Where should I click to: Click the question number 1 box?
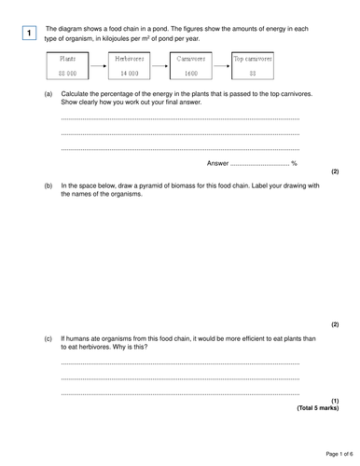(x=29, y=34)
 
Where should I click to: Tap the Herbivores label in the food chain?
(x=129, y=59)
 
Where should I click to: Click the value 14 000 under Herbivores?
(x=129, y=73)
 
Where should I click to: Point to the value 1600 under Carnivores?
(x=190, y=73)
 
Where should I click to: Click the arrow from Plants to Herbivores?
(x=98, y=66)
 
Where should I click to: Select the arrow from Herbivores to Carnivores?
(x=159, y=66)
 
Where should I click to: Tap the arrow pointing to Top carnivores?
(x=221, y=66)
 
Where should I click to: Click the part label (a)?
(x=48, y=95)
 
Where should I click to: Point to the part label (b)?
(x=48, y=185)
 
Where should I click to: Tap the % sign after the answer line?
(x=294, y=163)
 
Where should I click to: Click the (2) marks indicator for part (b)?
(x=335, y=324)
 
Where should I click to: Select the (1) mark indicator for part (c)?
(x=335, y=401)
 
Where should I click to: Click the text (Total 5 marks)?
(x=317, y=408)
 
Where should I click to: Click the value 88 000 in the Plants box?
(x=67, y=73)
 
